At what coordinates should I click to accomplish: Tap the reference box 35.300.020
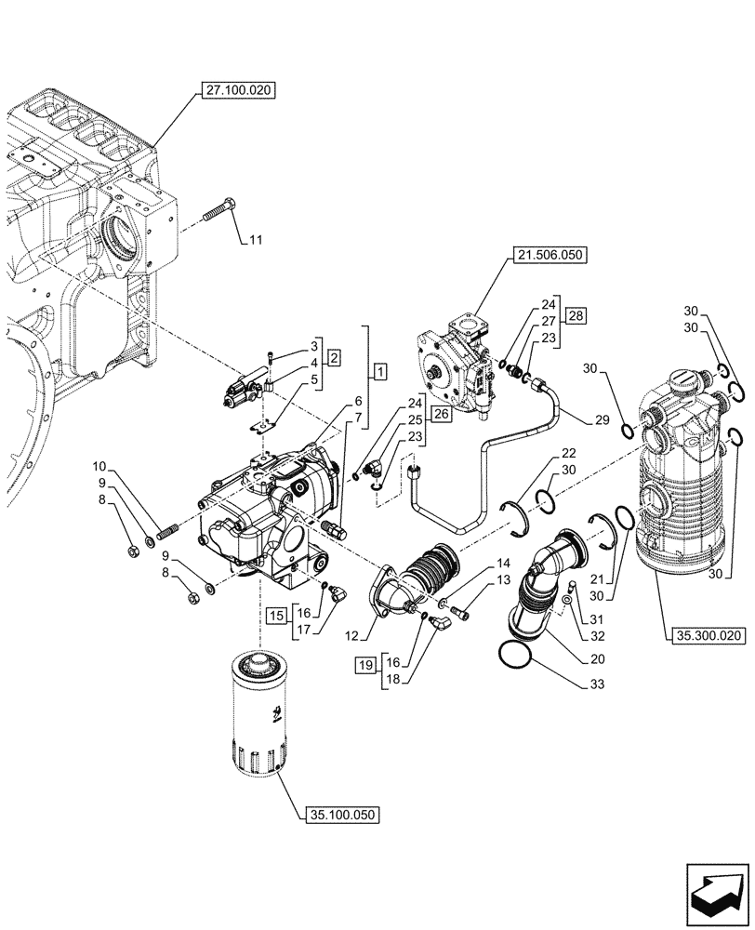point(706,636)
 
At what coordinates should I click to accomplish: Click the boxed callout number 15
point(275,616)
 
